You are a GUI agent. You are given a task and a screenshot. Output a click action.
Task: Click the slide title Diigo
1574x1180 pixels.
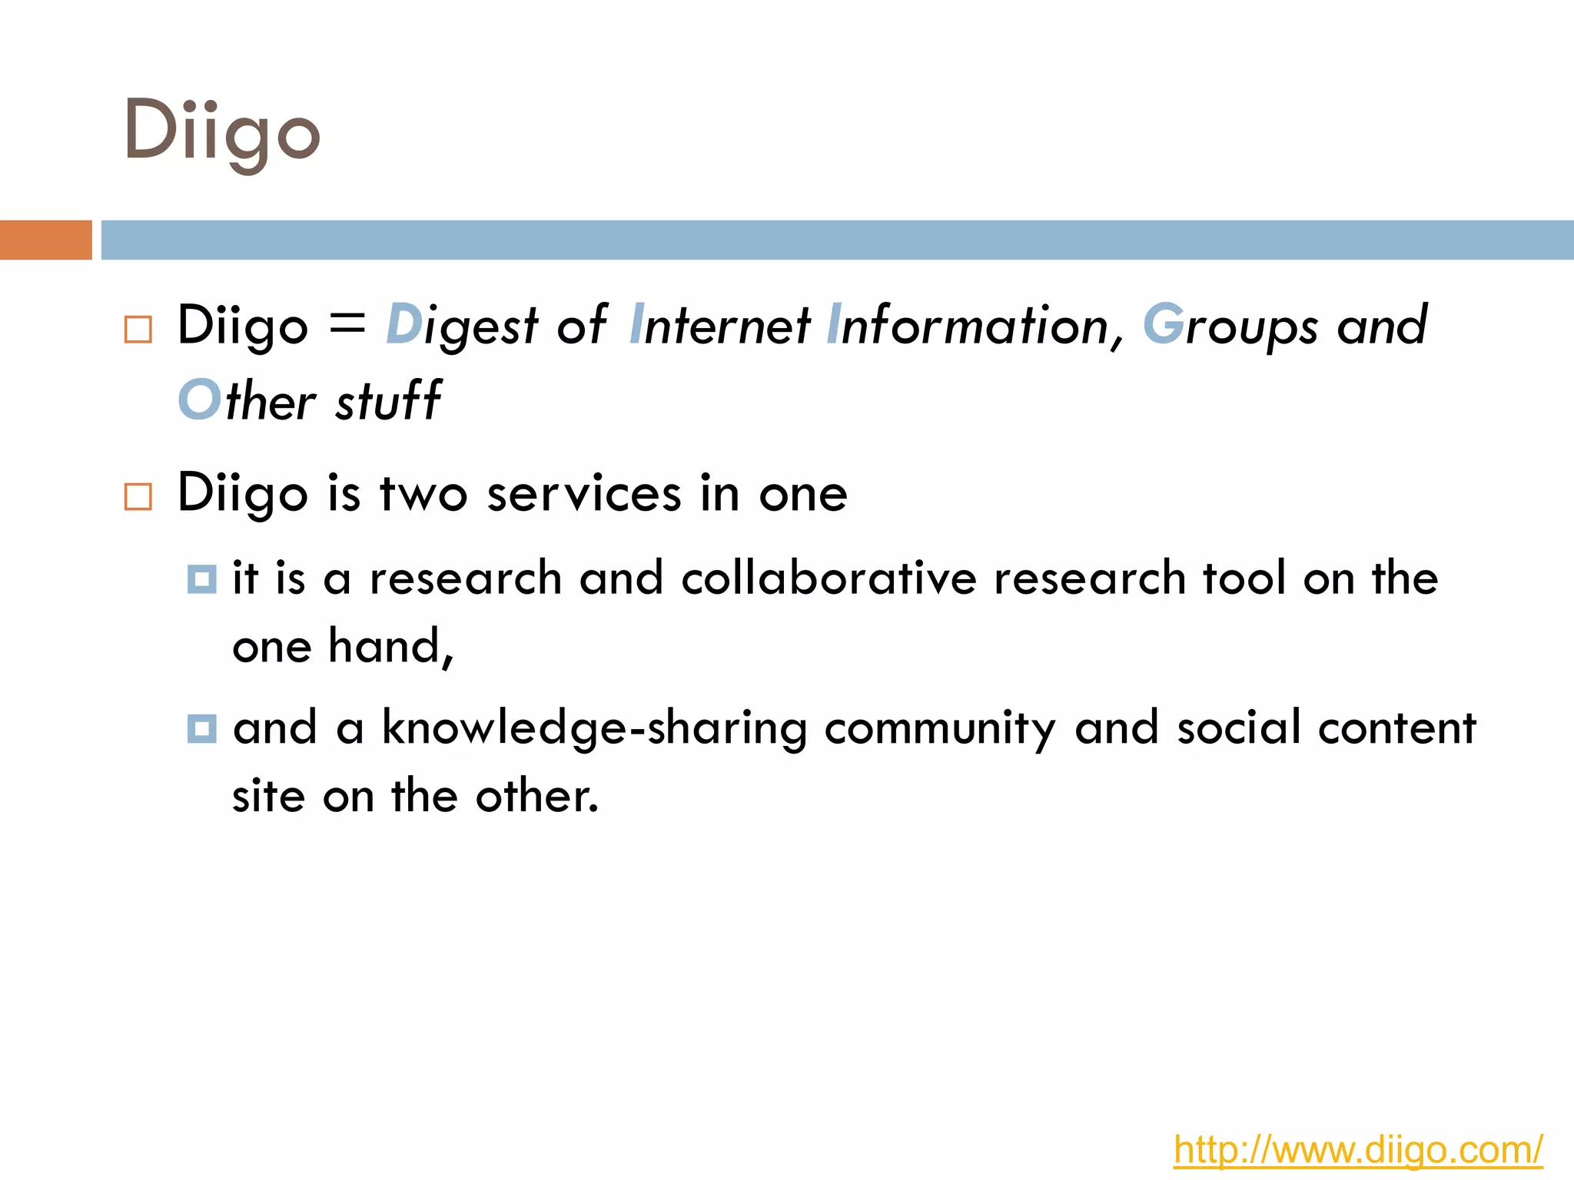coord(221,134)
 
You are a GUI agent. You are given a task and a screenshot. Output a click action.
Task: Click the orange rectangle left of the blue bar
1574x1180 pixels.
coord(45,240)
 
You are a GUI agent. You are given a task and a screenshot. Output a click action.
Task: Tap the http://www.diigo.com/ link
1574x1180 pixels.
coord(1357,1151)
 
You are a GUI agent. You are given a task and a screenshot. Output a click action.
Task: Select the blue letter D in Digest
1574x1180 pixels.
coord(403,325)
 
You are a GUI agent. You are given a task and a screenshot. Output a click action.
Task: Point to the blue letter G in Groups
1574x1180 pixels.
coord(1163,325)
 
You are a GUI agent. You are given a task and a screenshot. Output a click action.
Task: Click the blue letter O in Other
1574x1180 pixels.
coord(199,400)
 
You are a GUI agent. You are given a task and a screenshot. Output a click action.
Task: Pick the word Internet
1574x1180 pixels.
coord(720,325)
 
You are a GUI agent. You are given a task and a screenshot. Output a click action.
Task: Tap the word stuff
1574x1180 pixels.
coord(388,400)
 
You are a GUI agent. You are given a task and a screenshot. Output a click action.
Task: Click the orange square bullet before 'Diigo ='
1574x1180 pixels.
coord(138,330)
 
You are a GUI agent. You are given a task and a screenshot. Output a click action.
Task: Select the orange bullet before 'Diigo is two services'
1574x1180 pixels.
coord(138,496)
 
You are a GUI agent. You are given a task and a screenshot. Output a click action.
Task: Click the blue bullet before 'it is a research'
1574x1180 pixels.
coord(201,579)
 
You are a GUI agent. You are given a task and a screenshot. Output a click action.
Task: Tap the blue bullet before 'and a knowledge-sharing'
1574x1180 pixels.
coord(201,728)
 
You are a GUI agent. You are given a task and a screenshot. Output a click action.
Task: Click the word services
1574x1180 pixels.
coord(584,493)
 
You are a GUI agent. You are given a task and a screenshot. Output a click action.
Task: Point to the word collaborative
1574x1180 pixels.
coord(829,578)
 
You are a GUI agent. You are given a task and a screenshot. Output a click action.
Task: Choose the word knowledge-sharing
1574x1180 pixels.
coord(594,728)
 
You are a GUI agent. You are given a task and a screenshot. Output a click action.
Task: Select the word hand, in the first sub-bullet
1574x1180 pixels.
coord(391,645)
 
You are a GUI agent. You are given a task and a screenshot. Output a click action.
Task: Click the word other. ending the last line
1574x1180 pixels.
coord(536,796)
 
